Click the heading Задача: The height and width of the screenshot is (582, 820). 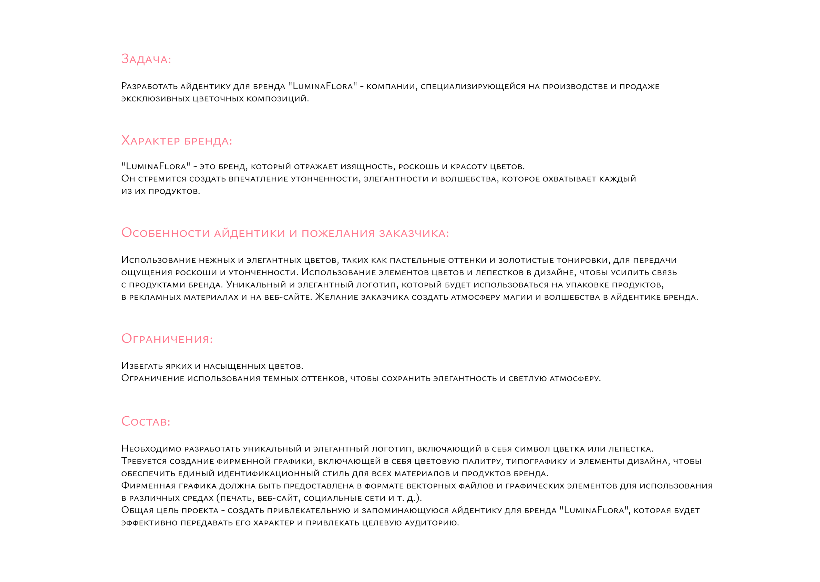coord(146,59)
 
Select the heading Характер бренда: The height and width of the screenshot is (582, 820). coord(177,141)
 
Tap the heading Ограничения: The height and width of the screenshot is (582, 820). coord(167,339)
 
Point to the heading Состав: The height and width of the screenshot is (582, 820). coord(146,422)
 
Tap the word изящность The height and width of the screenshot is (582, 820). coord(368,167)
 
